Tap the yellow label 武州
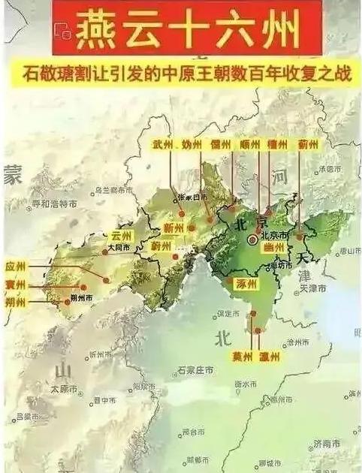pyautogui.click(x=163, y=144)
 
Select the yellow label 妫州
pyautogui.click(x=192, y=144)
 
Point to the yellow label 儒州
pyautogui.click(x=221, y=144)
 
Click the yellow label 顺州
pyautogui.click(x=250, y=144)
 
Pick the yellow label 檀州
pyautogui.click(x=279, y=144)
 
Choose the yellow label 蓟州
pyautogui.click(x=308, y=144)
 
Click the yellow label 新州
pyautogui.click(x=173, y=228)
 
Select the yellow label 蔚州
pyautogui.click(x=161, y=246)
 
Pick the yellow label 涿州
pyautogui.click(x=246, y=285)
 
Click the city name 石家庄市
pyautogui.click(x=195, y=371)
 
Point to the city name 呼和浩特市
pyautogui.click(x=53, y=203)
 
